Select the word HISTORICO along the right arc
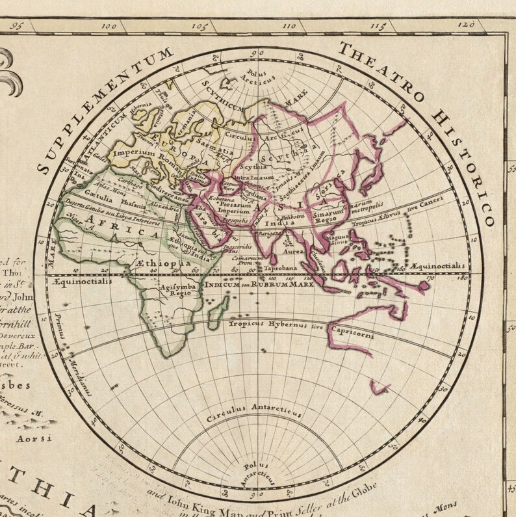click(x=471, y=163)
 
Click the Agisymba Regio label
click(x=174, y=289)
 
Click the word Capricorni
click(x=350, y=335)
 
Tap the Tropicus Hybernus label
click(x=268, y=323)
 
